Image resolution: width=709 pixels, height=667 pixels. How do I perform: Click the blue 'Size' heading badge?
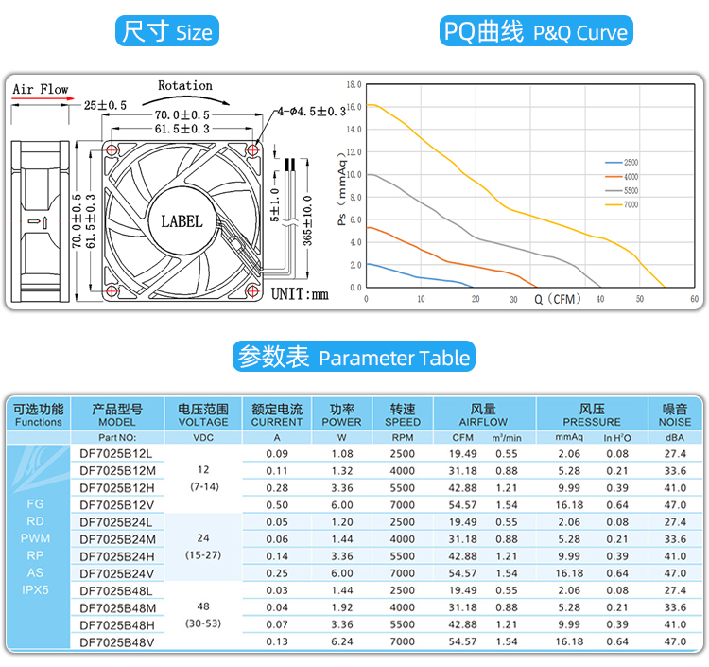pyautogui.click(x=167, y=31)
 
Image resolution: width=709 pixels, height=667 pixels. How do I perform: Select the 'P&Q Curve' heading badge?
pyautogui.click(x=536, y=31)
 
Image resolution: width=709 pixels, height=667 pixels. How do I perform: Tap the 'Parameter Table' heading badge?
pyautogui.click(x=354, y=357)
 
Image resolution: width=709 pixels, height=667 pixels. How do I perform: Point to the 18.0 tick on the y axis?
pyautogui.click(x=354, y=85)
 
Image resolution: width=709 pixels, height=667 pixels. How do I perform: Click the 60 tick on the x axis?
pyautogui.click(x=695, y=299)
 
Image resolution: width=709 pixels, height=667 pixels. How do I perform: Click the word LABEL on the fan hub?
pyautogui.click(x=182, y=221)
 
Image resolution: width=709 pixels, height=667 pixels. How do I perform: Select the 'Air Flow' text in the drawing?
pyautogui.click(x=41, y=90)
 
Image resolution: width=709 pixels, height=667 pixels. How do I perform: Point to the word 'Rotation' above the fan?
pyautogui.click(x=184, y=85)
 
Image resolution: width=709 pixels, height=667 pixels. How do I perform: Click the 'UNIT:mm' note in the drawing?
pyautogui.click(x=300, y=293)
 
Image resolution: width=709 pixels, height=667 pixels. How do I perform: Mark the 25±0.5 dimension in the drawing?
pyautogui.click(x=105, y=104)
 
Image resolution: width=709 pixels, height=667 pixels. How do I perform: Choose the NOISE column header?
pyautogui.click(x=675, y=415)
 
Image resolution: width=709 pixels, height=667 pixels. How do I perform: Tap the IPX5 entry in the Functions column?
pyautogui.click(x=35, y=589)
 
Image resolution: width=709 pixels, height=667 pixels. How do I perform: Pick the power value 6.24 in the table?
pyautogui.click(x=341, y=641)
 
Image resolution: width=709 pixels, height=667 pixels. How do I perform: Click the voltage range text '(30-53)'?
pyautogui.click(x=202, y=624)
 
